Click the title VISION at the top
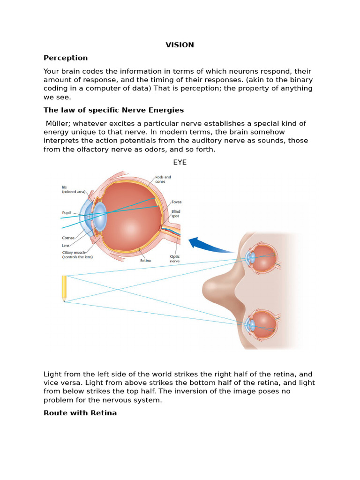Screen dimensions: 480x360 point(180,45)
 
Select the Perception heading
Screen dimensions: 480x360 point(66,58)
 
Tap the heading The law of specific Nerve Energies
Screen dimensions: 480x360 point(113,110)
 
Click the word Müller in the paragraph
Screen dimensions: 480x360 point(57,123)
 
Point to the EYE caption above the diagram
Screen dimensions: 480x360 point(180,163)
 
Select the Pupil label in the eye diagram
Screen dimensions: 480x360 point(67,212)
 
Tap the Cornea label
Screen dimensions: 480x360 point(68,238)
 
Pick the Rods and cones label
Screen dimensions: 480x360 point(163,179)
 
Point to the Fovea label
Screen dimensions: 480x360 point(176,202)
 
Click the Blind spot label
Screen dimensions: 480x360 point(176,214)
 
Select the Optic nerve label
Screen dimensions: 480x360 point(174,259)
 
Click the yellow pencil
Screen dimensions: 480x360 point(64,288)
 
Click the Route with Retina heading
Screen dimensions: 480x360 point(80,413)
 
